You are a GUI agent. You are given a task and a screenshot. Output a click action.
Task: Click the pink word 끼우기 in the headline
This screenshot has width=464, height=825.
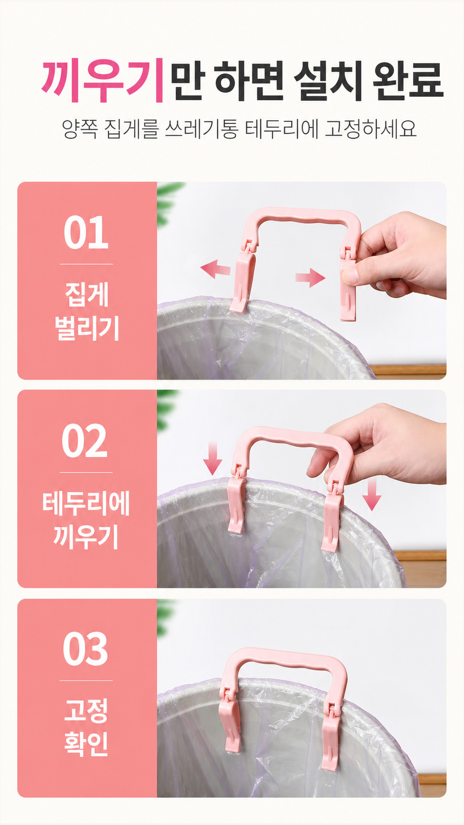coord(102,81)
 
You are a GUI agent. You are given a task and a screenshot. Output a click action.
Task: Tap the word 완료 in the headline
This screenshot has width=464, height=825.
coord(408,81)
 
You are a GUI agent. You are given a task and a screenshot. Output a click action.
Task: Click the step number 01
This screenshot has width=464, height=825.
coord(86,232)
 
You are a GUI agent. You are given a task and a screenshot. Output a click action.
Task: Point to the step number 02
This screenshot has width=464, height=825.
coord(85,441)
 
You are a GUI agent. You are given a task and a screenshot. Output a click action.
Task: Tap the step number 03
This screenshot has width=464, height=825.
coord(85,649)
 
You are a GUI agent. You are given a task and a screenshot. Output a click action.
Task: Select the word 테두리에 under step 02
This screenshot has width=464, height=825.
coord(86,503)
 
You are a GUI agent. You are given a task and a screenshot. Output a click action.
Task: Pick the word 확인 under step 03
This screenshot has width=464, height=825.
coord(86,743)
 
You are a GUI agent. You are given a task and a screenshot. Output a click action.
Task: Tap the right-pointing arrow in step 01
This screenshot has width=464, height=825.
coord(310,278)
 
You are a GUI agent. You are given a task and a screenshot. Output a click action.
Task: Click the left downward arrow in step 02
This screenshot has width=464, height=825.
coord(212,459)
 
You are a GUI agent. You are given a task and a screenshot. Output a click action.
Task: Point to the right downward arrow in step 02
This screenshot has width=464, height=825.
coord(372,495)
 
